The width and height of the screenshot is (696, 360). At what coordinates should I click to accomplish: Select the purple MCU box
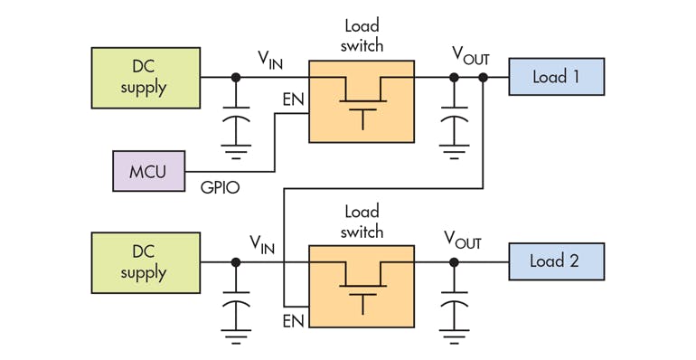(x=148, y=170)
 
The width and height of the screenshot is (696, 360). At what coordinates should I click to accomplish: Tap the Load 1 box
(x=556, y=77)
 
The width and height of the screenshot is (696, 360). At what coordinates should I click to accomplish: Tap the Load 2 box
(x=556, y=261)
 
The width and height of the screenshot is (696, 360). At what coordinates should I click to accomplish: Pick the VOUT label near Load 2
(x=462, y=242)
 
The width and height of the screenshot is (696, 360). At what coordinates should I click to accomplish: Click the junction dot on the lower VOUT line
(x=452, y=262)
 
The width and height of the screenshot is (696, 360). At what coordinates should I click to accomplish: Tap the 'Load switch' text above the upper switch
(x=363, y=36)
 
